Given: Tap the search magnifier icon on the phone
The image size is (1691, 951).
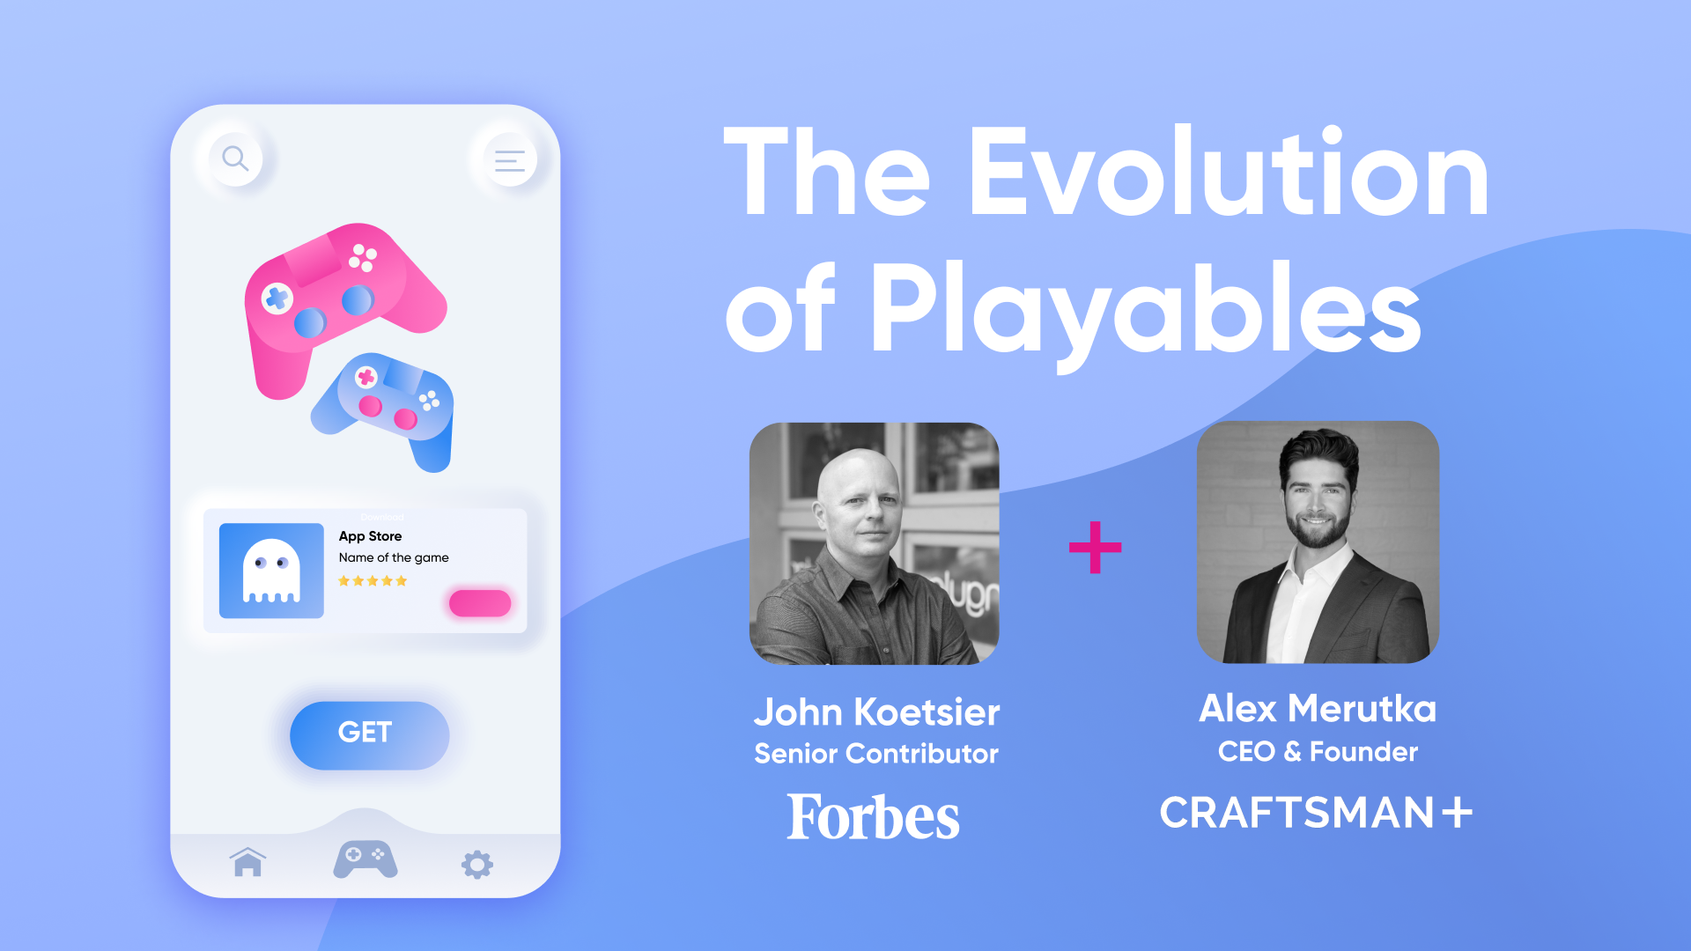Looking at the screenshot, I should click(x=235, y=158).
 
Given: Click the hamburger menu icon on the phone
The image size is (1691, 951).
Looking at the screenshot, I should click(x=509, y=160).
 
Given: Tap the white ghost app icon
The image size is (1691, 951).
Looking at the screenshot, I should click(x=271, y=571).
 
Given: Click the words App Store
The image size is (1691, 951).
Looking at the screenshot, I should click(x=370, y=536).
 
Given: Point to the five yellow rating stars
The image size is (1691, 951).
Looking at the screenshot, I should click(x=373, y=581).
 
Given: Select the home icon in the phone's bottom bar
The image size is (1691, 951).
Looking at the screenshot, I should click(x=247, y=862).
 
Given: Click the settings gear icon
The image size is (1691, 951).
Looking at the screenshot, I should click(x=477, y=864).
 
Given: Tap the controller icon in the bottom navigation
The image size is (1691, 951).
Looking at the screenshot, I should click(x=365, y=859).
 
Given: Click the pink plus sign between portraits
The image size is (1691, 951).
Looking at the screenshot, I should click(x=1095, y=547).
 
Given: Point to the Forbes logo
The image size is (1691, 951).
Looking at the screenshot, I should click(x=873, y=817).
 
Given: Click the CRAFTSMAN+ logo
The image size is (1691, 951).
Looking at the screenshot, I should click(x=1316, y=812).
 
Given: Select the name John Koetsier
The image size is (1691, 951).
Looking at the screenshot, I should click(x=876, y=711).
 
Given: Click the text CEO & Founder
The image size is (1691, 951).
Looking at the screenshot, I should click(x=1318, y=751).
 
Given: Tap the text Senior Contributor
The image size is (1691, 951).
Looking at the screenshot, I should click(x=876, y=754).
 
